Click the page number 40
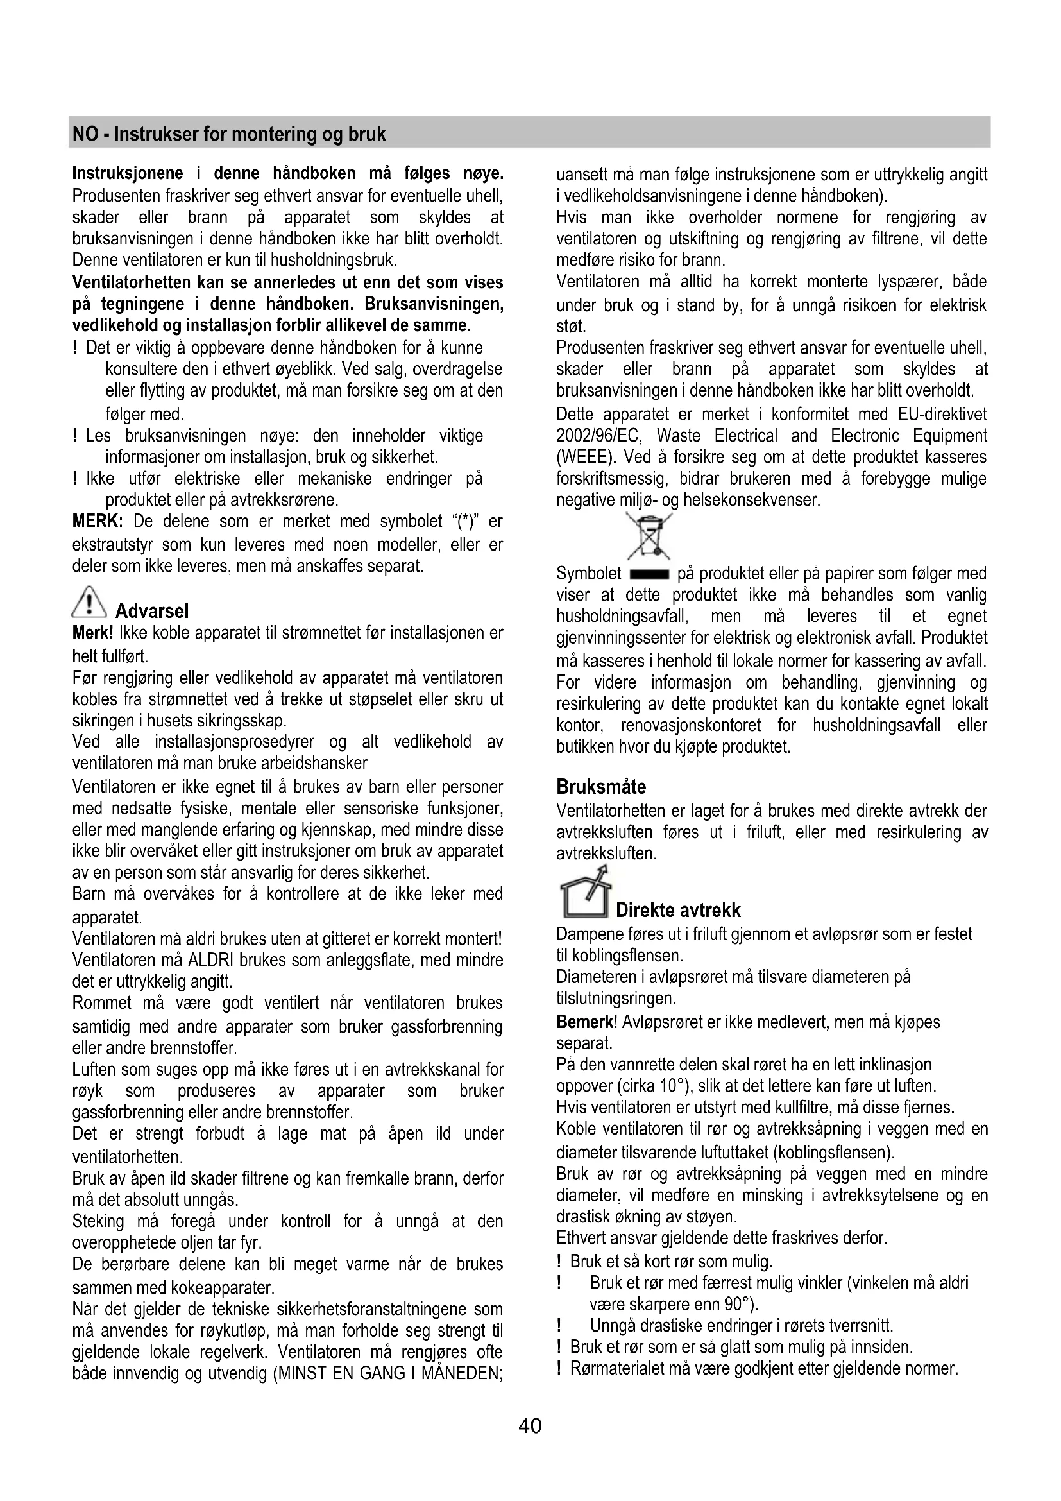(x=530, y=1425)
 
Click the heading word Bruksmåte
(x=601, y=786)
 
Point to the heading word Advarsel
(x=151, y=612)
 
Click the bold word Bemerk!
(x=587, y=1022)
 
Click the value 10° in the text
(x=674, y=1086)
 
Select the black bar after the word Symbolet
(x=649, y=575)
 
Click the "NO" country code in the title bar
(x=84, y=134)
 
